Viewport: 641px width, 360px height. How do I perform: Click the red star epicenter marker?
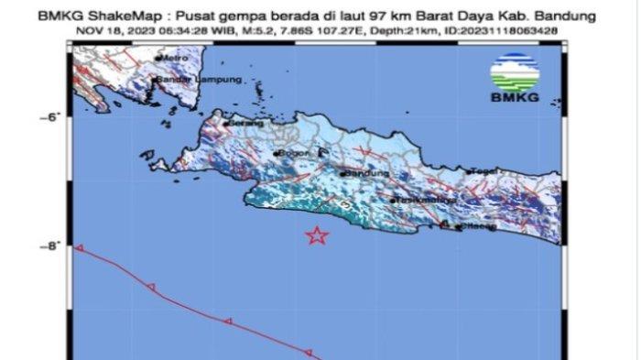316,235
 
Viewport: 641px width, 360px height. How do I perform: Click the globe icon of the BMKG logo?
515,72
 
